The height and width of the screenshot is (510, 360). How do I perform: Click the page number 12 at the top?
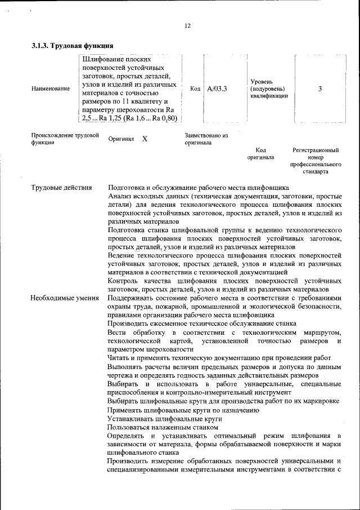(x=188, y=25)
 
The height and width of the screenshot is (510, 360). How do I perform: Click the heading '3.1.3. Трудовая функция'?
(x=73, y=45)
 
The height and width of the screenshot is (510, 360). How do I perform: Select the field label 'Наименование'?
(x=51, y=88)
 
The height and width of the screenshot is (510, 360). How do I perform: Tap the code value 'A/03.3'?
(x=217, y=88)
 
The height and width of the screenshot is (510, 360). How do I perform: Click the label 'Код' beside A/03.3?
(x=195, y=88)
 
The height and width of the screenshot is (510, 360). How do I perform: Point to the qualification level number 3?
(x=319, y=88)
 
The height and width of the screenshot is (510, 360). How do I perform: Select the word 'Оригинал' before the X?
(x=121, y=139)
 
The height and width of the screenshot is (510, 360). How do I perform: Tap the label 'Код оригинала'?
(x=260, y=154)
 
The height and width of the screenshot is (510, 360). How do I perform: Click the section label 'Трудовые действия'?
(x=61, y=188)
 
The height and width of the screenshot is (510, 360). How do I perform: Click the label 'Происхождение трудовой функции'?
(x=65, y=139)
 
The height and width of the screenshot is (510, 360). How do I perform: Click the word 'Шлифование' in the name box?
(x=103, y=59)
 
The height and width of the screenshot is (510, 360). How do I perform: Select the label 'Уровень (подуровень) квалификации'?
(x=269, y=88)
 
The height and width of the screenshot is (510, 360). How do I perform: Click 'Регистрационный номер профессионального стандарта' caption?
(x=316, y=161)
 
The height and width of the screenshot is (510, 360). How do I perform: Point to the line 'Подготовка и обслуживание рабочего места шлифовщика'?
(x=199, y=188)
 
